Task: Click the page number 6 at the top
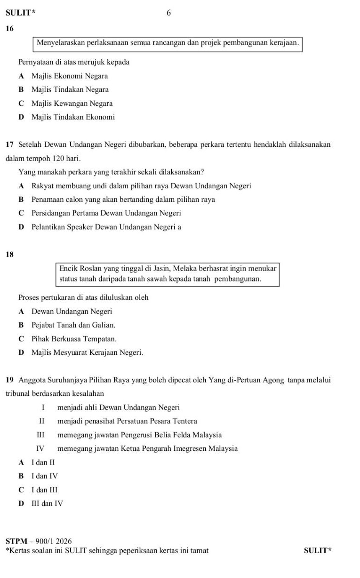169,13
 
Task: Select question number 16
10,29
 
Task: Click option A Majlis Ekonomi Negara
70,76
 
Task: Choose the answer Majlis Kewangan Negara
72,103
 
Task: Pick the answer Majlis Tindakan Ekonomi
73,117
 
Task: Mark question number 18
10,255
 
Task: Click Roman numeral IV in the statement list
40,449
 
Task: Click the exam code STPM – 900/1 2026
39,541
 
